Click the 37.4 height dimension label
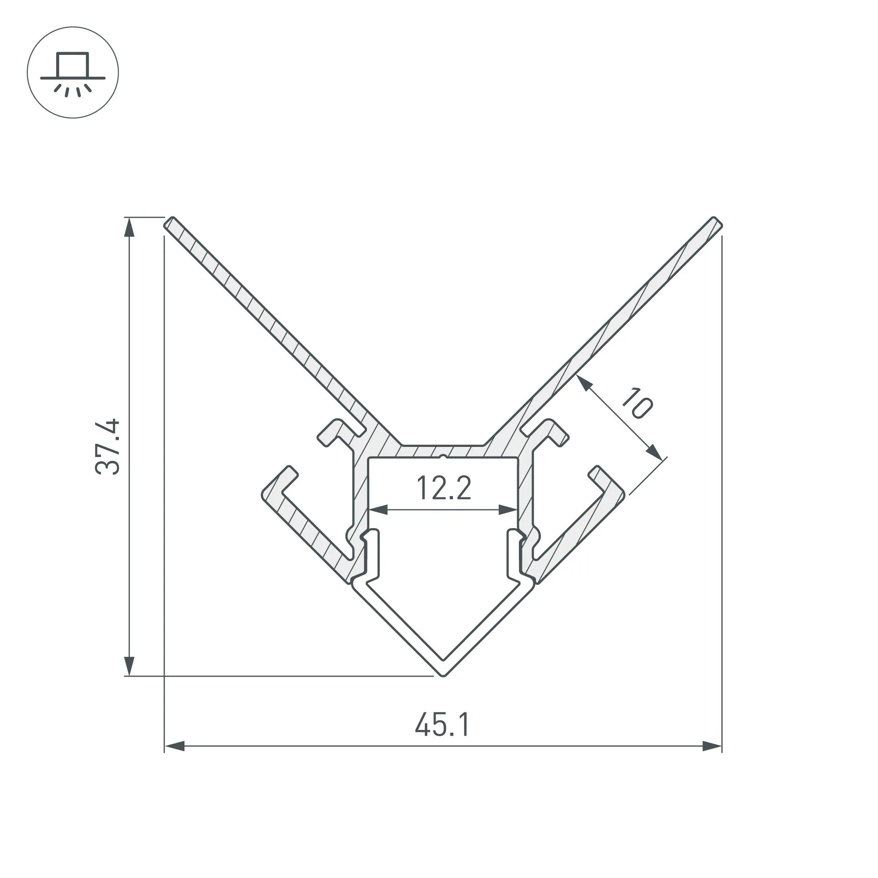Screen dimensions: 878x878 click(108, 447)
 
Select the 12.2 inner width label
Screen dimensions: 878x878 click(443, 488)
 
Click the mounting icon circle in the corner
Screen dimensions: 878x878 click(73, 73)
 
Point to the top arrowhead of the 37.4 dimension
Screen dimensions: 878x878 click(130, 227)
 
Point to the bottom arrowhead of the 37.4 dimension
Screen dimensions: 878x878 click(130, 666)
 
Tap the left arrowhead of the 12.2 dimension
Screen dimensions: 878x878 click(378, 510)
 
